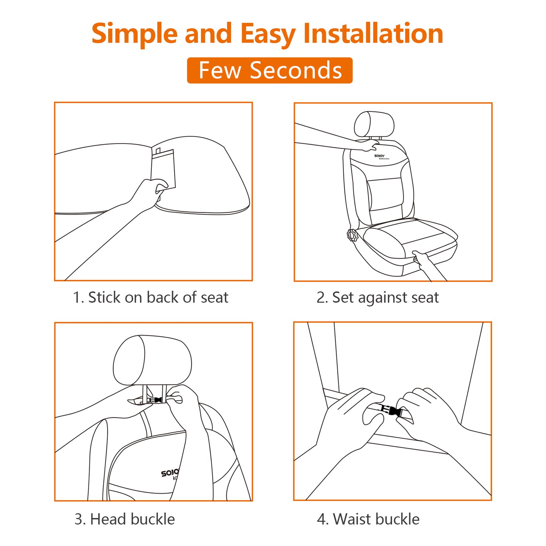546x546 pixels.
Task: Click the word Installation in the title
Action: point(373,33)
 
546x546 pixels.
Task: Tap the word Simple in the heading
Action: point(135,34)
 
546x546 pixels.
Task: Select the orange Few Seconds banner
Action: point(270,70)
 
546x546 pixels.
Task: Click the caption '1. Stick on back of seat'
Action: point(150,297)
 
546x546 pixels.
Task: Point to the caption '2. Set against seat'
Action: point(377,298)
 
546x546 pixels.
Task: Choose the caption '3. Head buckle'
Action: point(125,519)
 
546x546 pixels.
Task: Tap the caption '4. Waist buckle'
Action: point(368,519)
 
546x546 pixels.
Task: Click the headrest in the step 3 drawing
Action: point(152,360)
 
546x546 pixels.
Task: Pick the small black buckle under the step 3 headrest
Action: point(155,400)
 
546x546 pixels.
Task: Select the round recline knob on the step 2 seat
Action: point(352,235)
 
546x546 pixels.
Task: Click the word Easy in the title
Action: point(268,34)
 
